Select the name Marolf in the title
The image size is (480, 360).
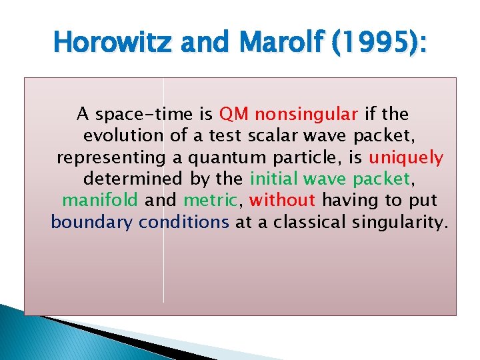265,43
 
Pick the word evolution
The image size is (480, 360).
123,136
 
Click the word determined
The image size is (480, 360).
132,179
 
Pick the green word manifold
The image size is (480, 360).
100,200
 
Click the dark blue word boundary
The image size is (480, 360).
92,221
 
